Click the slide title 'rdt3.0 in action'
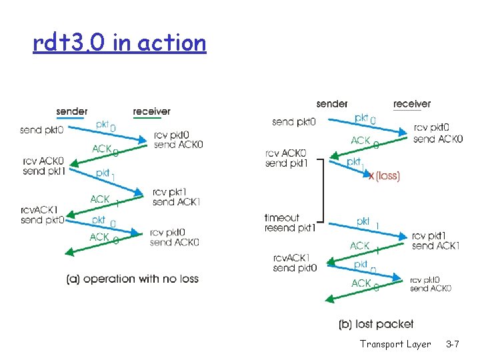tap(119, 43)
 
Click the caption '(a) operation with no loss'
tap(133, 279)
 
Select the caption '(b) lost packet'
tap(376, 324)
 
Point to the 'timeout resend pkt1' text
tap(290, 223)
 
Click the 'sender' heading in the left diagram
tap(71, 111)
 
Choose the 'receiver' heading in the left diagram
tap(151, 111)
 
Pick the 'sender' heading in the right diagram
tap(331, 103)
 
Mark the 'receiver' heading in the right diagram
tap(411, 103)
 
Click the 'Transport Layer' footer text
tap(395, 344)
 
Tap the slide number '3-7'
tap(452, 344)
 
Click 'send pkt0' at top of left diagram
tap(42, 129)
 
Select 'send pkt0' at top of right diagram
tap(294, 122)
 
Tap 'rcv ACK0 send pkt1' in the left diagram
tap(43, 165)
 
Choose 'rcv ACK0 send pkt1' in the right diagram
tap(285, 158)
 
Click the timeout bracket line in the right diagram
tap(323, 190)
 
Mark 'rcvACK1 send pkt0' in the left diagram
tap(43, 215)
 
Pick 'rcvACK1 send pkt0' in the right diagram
tap(294, 263)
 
